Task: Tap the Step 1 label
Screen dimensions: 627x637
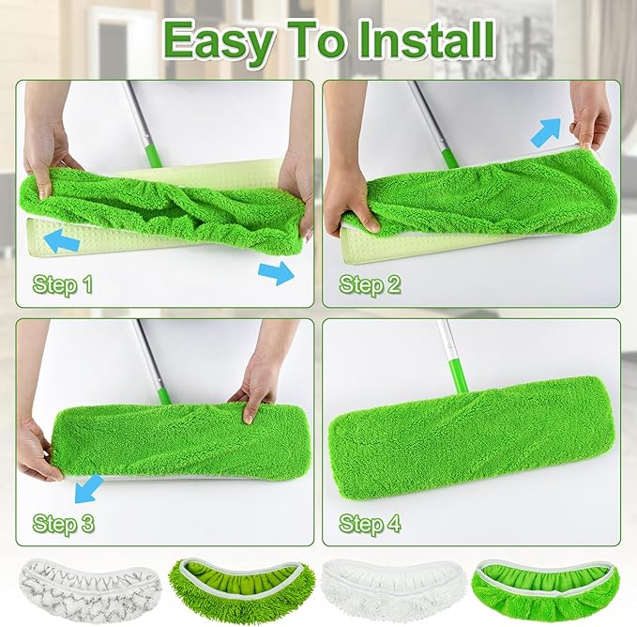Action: click(62, 283)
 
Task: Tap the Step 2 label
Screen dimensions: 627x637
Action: click(369, 283)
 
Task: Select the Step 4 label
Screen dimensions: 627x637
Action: click(369, 523)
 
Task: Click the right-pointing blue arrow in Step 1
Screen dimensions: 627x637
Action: click(277, 272)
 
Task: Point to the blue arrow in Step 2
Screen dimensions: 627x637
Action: click(547, 132)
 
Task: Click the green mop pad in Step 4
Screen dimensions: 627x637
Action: click(469, 439)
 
